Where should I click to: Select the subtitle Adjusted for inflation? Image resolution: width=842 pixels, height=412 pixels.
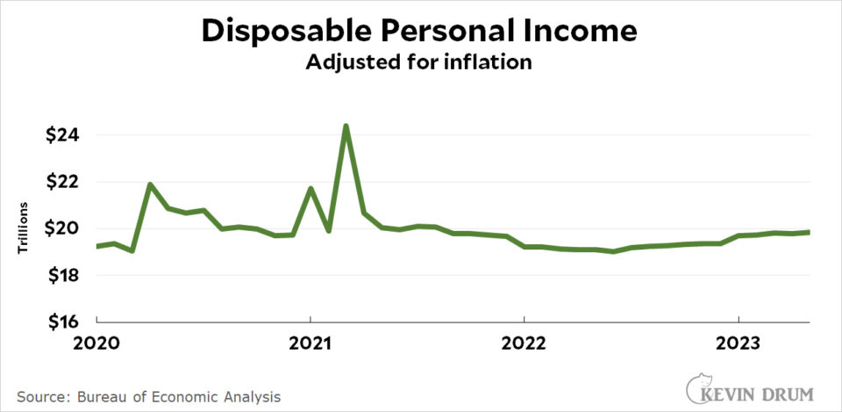(x=420, y=63)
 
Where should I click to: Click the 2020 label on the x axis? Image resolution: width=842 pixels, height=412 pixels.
(x=96, y=341)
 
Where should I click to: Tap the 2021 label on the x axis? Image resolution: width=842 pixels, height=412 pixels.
(x=310, y=341)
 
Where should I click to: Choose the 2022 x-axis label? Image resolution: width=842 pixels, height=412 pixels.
(x=524, y=341)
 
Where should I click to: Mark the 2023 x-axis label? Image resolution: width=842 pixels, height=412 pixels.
(x=739, y=341)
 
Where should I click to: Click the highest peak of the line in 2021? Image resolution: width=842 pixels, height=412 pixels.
(x=346, y=126)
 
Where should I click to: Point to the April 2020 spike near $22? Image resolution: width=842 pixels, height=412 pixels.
(x=150, y=184)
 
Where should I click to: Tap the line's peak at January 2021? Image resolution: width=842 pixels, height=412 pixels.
(x=310, y=188)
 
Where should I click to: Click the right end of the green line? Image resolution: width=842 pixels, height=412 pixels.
(x=809, y=232)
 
